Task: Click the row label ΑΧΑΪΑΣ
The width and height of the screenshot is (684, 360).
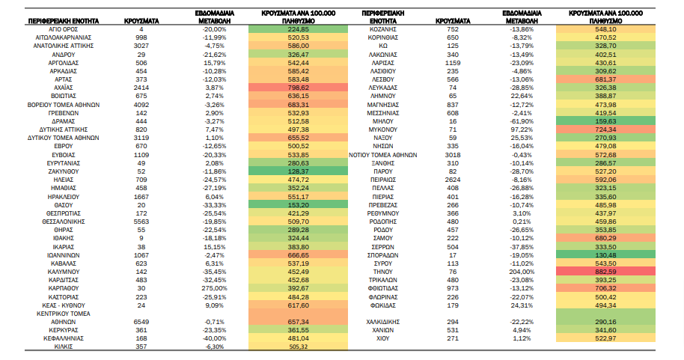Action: point(64,88)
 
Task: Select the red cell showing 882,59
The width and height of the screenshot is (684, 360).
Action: point(605,272)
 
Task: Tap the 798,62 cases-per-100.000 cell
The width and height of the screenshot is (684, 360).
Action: point(299,88)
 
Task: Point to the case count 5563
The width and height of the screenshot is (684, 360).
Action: point(141,222)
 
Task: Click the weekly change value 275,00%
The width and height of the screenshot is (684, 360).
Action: point(215,288)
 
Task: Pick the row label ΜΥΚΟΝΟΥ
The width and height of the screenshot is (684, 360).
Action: point(383,129)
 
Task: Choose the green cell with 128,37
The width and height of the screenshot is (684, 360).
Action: point(299,171)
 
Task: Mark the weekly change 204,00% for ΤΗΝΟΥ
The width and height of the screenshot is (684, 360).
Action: point(522,272)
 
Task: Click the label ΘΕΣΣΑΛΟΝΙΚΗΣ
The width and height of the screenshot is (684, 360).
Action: point(64,222)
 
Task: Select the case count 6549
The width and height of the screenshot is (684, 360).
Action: point(141,322)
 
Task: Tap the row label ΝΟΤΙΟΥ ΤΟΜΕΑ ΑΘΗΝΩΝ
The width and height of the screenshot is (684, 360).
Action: point(383,155)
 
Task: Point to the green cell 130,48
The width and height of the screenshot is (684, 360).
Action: point(605,254)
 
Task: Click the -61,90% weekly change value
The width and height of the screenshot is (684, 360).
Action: point(522,121)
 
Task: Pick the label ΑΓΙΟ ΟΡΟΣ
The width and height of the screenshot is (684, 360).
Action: point(64,29)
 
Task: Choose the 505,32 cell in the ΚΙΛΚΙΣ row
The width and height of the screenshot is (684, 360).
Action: point(299,347)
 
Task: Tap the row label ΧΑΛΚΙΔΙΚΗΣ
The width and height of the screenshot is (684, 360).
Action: point(383,322)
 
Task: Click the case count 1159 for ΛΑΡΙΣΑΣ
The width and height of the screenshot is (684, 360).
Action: point(453,63)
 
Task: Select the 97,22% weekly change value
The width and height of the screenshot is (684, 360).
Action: point(522,129)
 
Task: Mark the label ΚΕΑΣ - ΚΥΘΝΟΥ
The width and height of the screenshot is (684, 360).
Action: point(64,305)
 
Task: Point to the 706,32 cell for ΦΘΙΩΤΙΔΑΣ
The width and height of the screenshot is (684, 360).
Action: point(605,288)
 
